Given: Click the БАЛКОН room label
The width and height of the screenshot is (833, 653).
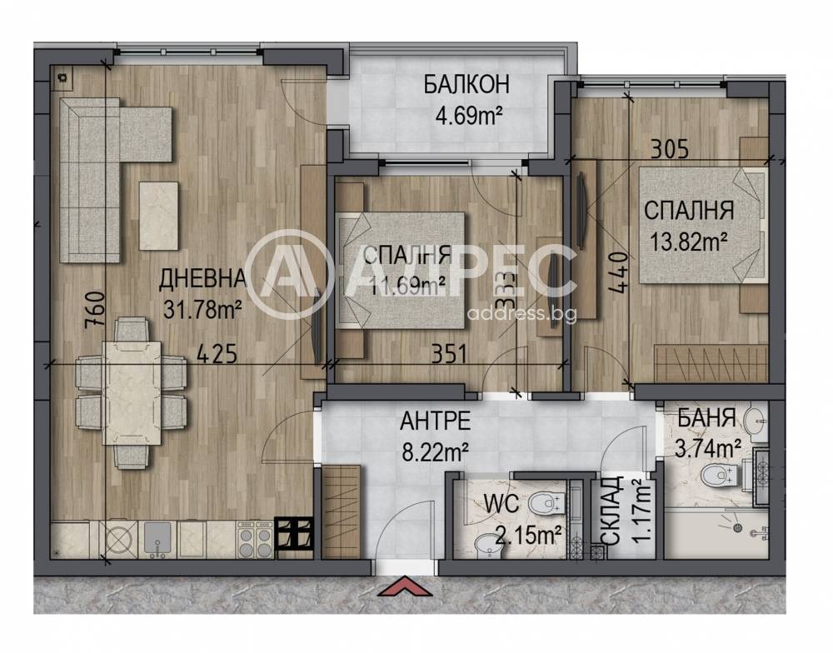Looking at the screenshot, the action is [x=466, y=84].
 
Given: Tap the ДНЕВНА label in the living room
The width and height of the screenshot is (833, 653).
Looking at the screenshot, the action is [x=203, y=278].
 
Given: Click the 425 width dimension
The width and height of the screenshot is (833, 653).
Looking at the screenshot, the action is [x=217, y=353].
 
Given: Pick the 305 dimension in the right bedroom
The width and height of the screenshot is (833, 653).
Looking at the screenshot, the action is [x=670, y=149].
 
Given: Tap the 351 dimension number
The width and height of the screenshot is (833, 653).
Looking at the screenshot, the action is [x=449, y=354].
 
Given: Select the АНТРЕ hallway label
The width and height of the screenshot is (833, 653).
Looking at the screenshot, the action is [x=435, y=421].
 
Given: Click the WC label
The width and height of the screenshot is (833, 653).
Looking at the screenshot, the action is [x=501, y=504].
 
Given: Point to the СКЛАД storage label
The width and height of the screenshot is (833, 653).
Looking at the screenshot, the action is [x=613, y=510].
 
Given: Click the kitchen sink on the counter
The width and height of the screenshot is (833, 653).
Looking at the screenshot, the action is [x=157, y=538].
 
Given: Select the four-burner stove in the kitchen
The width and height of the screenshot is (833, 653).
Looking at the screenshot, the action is [x=255, y=539].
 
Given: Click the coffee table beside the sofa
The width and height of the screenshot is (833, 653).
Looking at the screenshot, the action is [x=158, y=216].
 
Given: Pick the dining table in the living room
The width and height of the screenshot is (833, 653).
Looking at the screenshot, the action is [x=132, y=392].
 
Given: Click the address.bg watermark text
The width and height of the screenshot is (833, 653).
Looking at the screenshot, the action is [x=521, y=314].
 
